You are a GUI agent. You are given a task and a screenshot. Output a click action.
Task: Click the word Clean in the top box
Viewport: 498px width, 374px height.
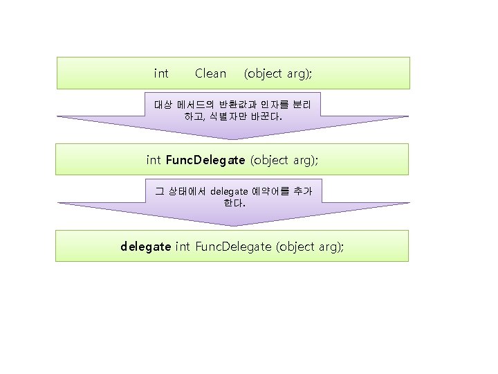click(210, 73)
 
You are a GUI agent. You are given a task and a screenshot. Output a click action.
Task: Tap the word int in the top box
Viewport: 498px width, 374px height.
click(161, 73)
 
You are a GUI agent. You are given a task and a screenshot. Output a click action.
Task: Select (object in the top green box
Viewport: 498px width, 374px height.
click(263, 73)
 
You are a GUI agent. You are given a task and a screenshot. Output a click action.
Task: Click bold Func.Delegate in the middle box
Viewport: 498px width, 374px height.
click(205, 161)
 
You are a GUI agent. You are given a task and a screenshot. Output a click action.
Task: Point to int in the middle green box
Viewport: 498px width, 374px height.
click(154, 161)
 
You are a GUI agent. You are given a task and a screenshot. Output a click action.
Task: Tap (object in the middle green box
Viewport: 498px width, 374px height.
click(269, 161)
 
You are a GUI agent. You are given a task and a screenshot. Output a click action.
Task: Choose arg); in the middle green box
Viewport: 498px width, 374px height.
click(305, 161)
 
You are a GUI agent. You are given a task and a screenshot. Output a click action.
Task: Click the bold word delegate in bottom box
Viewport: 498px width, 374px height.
click(145, 247)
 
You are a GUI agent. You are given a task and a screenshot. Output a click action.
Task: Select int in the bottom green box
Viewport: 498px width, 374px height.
click(183, 247)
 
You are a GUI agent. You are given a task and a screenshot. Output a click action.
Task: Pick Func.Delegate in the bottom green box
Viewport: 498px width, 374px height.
click(234, 247)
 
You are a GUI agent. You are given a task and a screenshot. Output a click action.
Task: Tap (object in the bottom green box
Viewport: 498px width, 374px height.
click(295, 247)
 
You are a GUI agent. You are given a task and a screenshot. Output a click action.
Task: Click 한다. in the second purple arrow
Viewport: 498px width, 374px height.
click(234, 204)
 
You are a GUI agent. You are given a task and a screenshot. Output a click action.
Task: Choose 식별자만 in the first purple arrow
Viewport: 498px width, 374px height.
click(221, 117)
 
